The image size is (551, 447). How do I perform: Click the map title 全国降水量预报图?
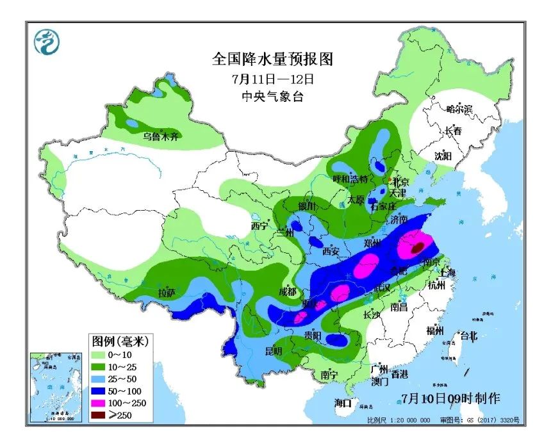(x=274, y=60)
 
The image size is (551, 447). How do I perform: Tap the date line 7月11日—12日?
(x=274, y=79)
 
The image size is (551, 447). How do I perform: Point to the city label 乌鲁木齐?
(x=161, y=136)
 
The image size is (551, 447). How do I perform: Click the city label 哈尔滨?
(x=459, y=110)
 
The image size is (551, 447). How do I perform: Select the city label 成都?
(x=287, y=291)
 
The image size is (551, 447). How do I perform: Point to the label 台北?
(x=469, y=334)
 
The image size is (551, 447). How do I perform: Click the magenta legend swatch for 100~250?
(x=101, y=403)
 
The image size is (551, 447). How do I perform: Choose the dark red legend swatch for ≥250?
(x=101, y=414)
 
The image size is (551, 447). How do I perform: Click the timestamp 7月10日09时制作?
(x=451, y=397)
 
